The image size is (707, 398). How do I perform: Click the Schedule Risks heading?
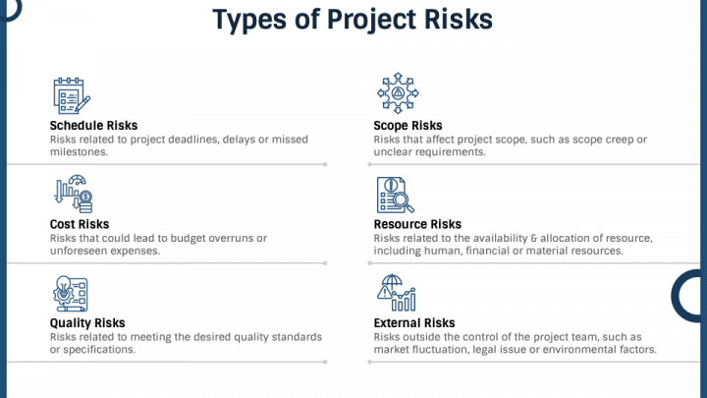(93, 126)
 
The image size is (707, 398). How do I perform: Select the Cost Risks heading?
(79, 225)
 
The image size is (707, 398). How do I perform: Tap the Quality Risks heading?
(87, 323)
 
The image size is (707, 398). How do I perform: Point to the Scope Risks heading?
(408, 126)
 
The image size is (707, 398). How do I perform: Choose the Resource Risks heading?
(417, 225)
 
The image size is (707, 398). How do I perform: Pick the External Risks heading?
(414, 323)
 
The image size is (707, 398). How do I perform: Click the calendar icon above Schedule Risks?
(71, 95)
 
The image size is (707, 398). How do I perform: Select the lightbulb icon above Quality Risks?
(71, 293)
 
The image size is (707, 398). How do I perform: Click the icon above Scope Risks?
(398, 92)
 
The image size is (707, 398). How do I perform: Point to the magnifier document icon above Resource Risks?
(396, 195)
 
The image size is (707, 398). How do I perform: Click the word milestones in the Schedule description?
(80, 152)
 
